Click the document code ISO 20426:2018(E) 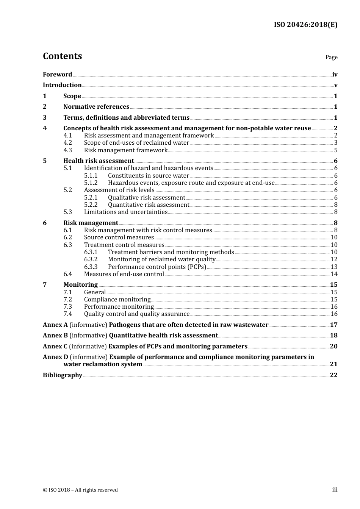[x=305, y=25]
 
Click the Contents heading [x=62, y=56]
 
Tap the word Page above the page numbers [x=331, y=57]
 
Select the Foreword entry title [x=57, y=74]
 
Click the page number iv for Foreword [x=335, y=75]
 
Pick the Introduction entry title [x=62, y=85]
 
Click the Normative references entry [x=96, y=107]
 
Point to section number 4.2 [x=67, y=143]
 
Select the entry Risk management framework [x=125, y=150]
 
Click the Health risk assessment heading [x=99, y=161]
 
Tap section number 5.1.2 [x=91, y=183]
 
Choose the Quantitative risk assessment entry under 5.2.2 [x=149, y=205]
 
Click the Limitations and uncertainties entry [x=125, y=212]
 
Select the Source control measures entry [x=119, y=237]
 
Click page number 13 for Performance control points [x=334, y=267]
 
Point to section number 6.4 [x=67, y=274]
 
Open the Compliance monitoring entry [x=117, y=300]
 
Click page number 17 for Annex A [x=333, y=325]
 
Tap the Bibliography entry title [x=63, y=375]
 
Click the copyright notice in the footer [x=80, y=490]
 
